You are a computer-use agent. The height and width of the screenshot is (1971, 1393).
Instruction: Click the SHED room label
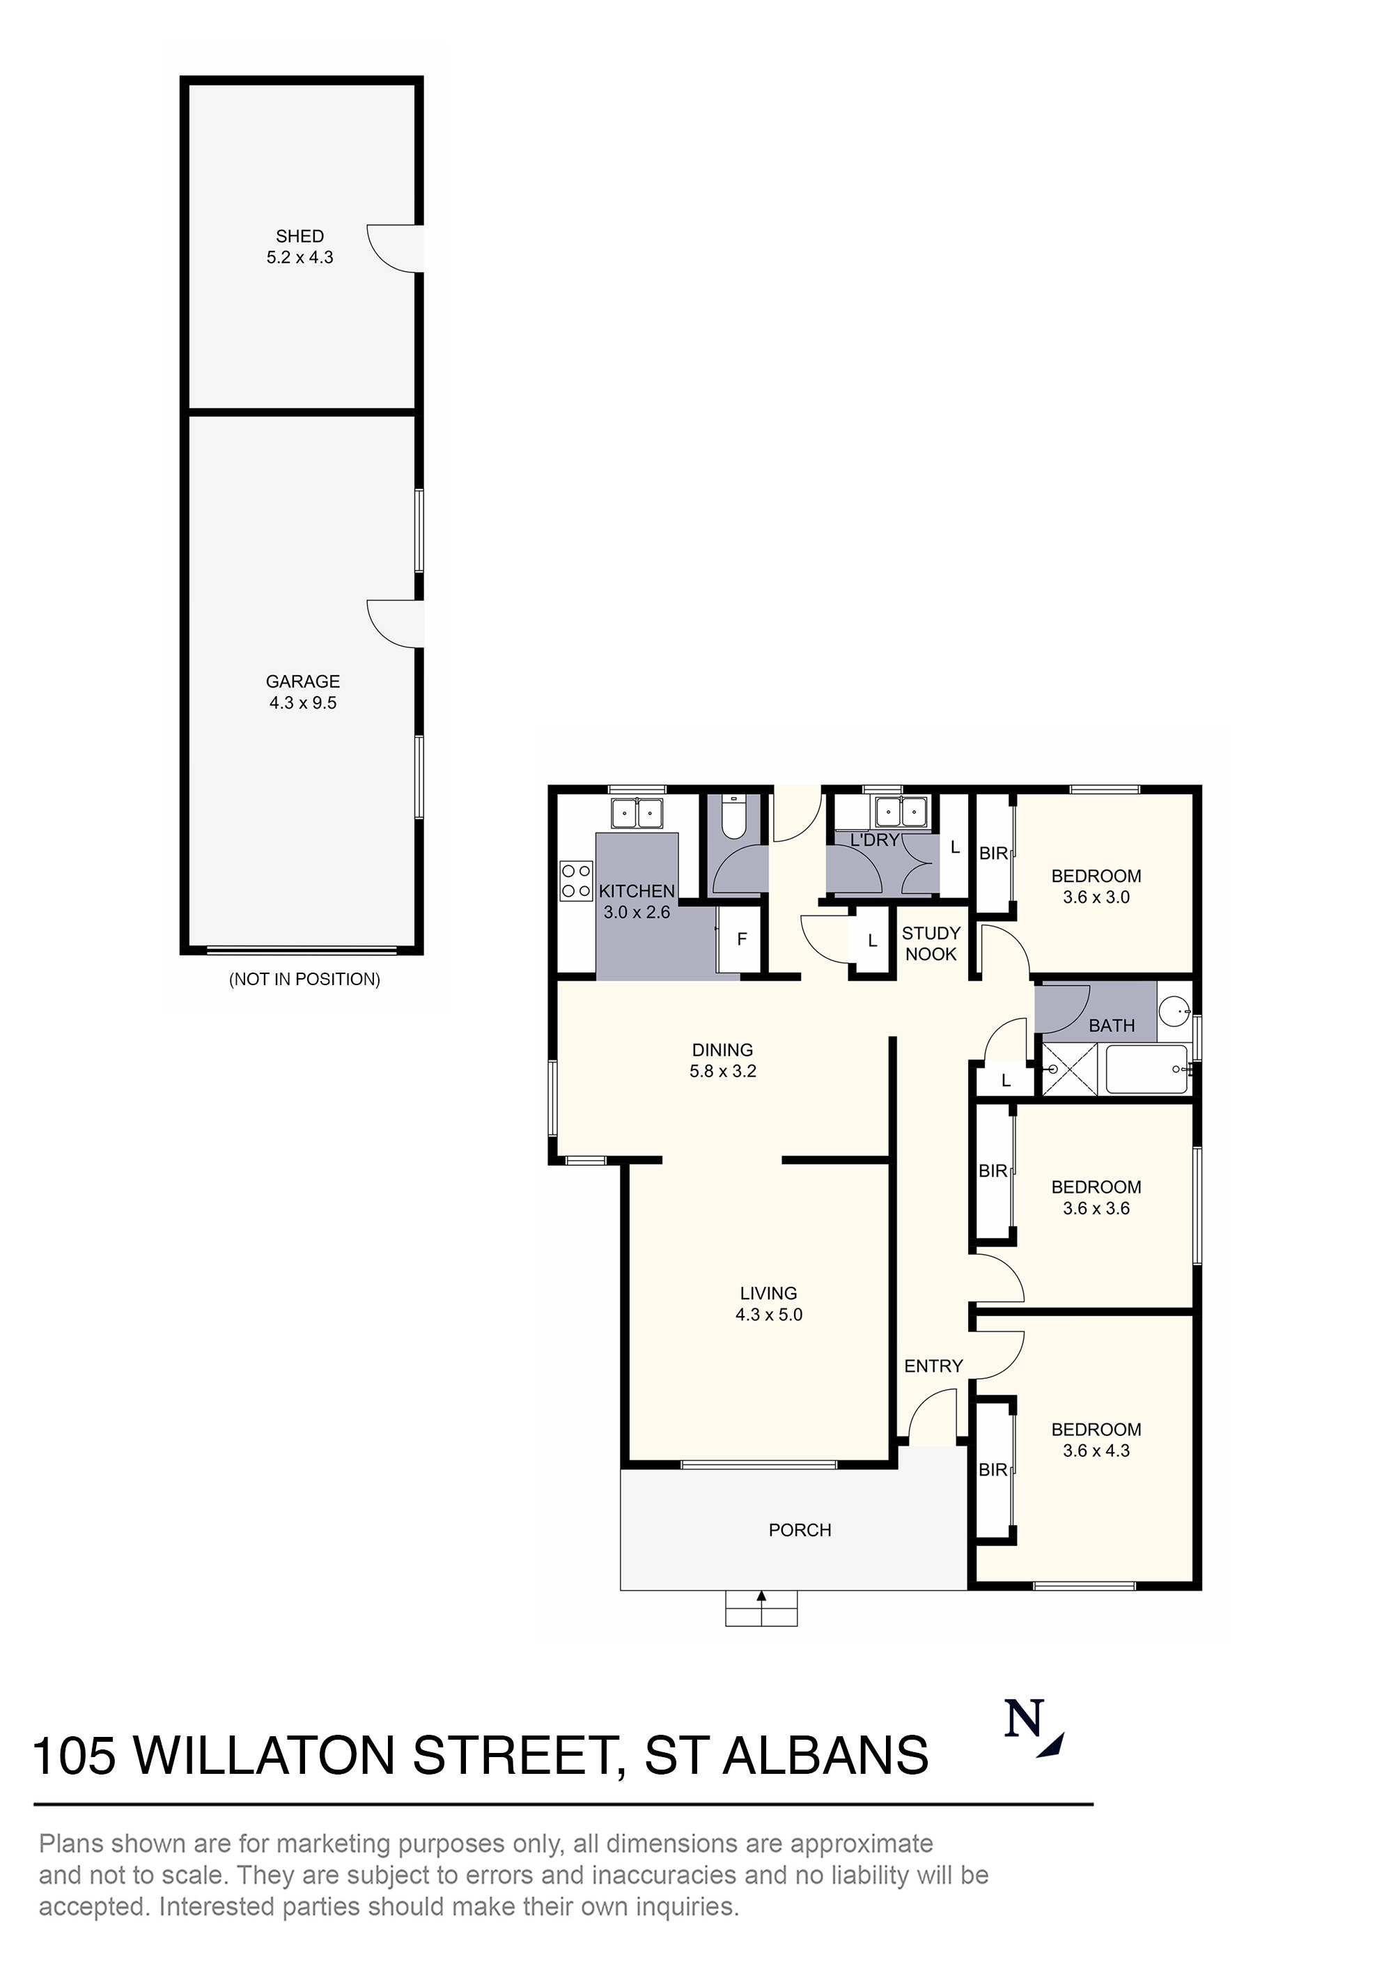point(299,236)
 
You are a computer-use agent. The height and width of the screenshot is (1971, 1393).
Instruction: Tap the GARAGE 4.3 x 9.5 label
point(302,692)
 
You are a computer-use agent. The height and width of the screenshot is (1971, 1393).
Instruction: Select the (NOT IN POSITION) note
point(304,980)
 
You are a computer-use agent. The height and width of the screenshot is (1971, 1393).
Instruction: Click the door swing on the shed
point(393,249)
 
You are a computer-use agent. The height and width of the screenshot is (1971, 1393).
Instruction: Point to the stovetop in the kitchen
point(576,881)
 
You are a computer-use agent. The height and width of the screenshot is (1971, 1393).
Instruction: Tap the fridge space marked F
point(742,939)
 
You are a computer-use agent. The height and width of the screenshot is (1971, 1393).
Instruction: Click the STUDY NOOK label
point(931,943)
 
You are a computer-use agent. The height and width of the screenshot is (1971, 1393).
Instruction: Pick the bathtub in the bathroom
point(1146,1069)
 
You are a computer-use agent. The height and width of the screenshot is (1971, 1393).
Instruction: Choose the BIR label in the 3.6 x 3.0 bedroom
point(993,853)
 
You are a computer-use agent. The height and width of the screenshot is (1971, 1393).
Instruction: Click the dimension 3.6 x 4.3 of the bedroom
point(1096,1451)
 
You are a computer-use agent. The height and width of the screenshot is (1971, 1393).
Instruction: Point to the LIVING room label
point(768,1293)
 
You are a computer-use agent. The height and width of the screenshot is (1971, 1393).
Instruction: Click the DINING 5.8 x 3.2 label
point(723,1060)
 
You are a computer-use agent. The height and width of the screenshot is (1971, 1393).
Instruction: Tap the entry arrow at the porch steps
point(761,1597)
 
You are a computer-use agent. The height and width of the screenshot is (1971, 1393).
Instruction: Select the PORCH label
point(800,1530)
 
